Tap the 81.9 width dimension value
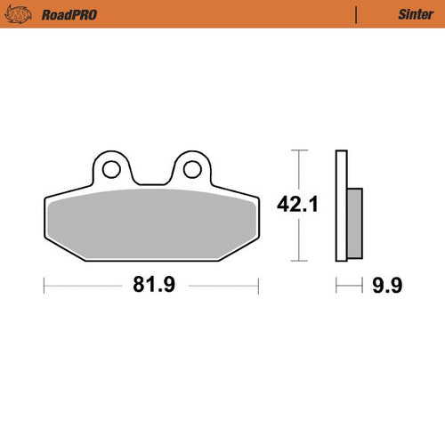point(150,286)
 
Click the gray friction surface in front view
point(150,227)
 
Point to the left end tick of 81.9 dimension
point(44,286)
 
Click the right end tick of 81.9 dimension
point(257,286)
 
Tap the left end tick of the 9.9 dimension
point(336,286)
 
